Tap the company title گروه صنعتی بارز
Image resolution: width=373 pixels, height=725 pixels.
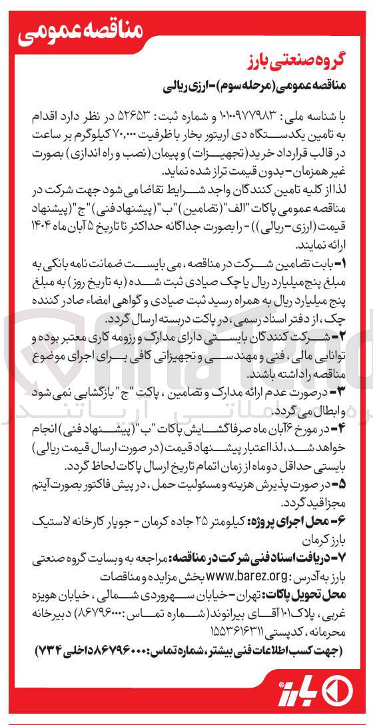[x=303, y=68]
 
